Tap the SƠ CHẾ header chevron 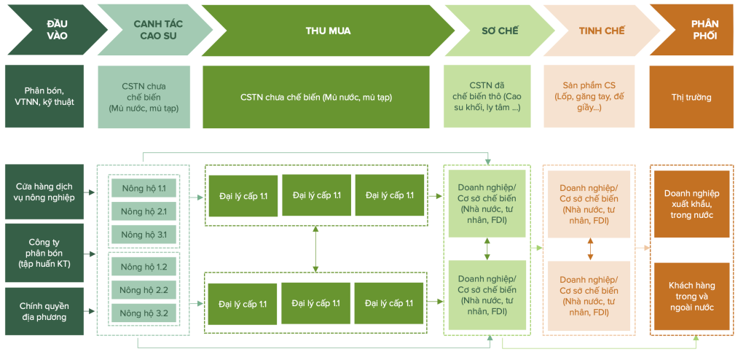tap(495, 31)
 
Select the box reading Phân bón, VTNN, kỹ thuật tap(49, 97)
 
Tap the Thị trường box tap(691, 97)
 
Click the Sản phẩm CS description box tap(589, 97)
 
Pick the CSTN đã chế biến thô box tap(490, 97)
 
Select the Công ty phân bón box tap(49, 253)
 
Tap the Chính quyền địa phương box tap(49, 311)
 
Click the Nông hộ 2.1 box tap(144, 211)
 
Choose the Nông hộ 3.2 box tap(144, 313)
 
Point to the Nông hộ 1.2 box tap(144, 267)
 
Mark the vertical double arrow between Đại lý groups tap(315, 249)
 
